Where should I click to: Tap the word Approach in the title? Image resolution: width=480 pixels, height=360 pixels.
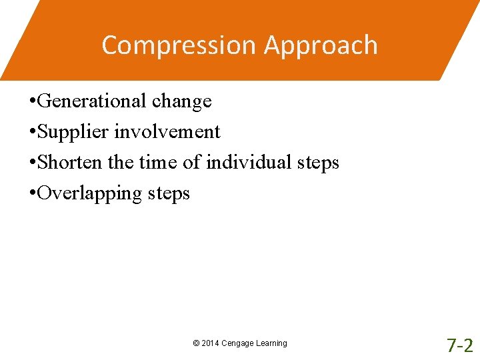pos(321,45)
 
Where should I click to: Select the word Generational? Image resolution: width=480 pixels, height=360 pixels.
pos(92,101)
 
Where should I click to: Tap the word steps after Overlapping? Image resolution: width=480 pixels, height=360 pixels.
pos(169,193)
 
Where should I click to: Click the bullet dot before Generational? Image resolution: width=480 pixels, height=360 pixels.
pos(33,102)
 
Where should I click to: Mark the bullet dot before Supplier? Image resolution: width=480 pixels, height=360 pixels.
pos(33,133)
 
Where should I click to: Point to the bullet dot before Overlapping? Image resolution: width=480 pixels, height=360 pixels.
pos(33,194)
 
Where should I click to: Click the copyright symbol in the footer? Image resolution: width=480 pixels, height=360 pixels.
pos(196,343)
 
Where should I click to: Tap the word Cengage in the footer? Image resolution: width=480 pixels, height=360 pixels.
pos(238,343)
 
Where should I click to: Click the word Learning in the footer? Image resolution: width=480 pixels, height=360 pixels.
pos(271,343)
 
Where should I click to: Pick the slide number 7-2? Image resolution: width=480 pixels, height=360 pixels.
pos(459,345)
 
